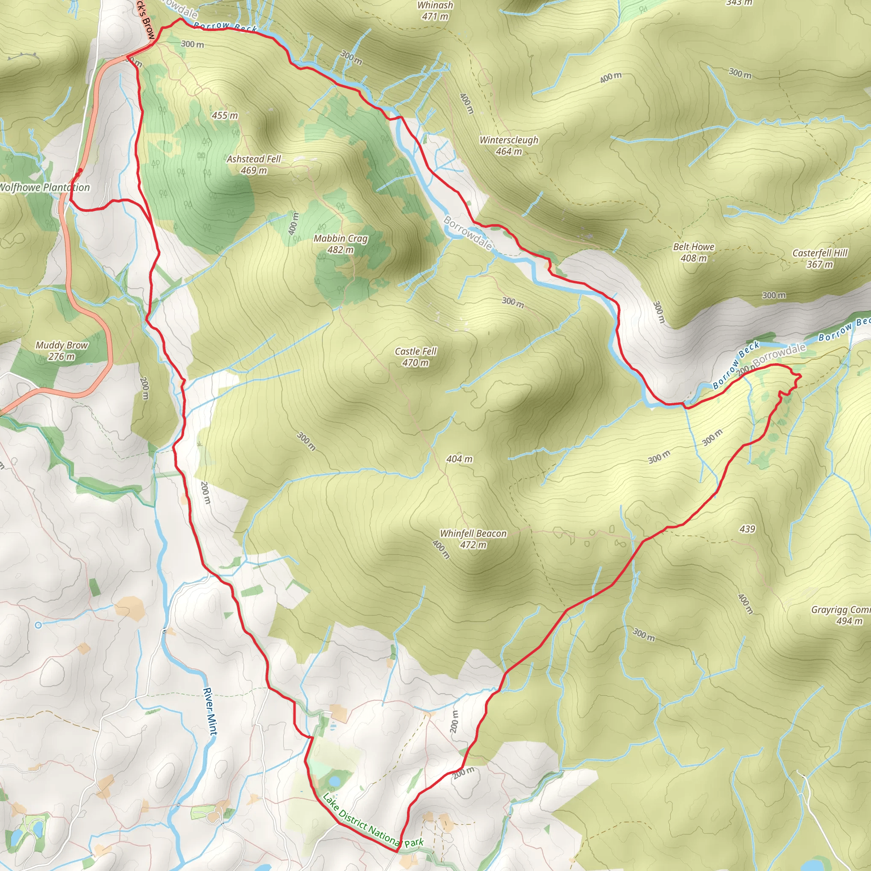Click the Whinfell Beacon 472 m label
click(473, 539)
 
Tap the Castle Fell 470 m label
click(415, 356)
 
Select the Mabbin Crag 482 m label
click(340, 244)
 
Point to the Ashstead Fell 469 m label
click(253, 165)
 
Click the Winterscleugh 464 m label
click(509, 145)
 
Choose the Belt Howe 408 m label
click(693, 253)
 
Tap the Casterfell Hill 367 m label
click(820, 258)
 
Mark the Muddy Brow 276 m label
click(62, 351)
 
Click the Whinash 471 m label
click(435, 10)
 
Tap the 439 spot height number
click(747, 529)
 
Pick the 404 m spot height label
click(459, 459)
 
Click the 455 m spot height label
click(225, 115)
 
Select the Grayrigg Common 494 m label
click(841, 615)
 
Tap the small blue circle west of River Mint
click(38, 625)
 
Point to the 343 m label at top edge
click(739, 3)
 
